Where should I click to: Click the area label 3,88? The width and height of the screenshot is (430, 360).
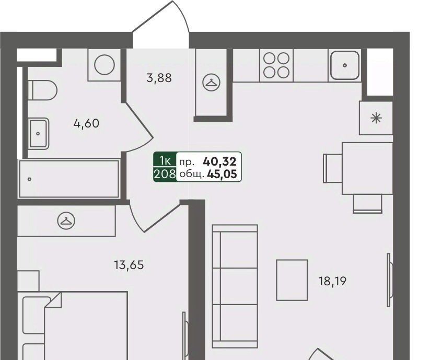pos(159,78)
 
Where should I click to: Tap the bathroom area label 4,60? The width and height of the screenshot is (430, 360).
pos(86,124)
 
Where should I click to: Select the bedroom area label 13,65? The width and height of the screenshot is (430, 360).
pos(129,265)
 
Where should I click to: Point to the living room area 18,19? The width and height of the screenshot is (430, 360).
pos(332,281)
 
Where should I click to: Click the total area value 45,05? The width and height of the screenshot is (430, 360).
pos(222,174)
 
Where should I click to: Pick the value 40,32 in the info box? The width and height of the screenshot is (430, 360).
pos(219,162)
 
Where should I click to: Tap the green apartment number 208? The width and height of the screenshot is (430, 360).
pos(165,174)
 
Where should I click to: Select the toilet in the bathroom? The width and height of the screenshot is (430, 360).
pos(42,90)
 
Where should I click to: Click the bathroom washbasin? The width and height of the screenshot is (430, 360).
pos(38,134)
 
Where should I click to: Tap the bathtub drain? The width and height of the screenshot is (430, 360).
pos(30,179)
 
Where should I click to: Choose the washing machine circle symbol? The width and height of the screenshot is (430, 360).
pos(104,65)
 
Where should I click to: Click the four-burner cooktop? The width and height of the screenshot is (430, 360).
pos(276,65)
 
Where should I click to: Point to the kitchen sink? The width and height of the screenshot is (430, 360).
pos(345,65)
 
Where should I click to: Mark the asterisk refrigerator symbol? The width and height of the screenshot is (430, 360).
pos(376,118)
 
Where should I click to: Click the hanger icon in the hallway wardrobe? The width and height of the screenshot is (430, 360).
pos(211,83)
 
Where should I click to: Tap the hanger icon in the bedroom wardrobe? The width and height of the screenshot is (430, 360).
pos(66,220)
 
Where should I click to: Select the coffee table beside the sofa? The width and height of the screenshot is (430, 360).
pos(292,280)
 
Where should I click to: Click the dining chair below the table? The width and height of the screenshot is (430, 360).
pos(367,204)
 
